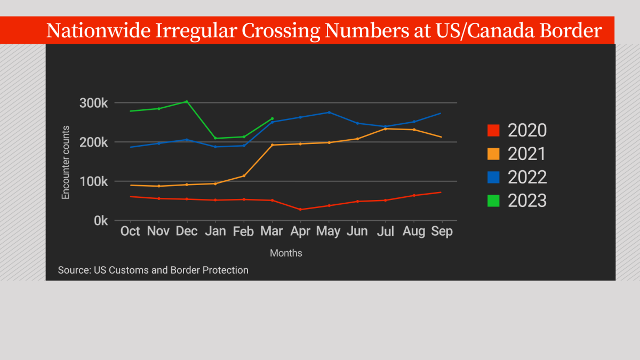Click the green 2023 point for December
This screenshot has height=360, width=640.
(187, 101)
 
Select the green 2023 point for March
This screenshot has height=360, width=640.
(273, 118)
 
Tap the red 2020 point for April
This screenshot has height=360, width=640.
(301, 209)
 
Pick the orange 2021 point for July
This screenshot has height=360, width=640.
(386, 129)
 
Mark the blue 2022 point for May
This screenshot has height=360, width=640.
(329, 112)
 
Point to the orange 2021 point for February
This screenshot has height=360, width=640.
(244, 175)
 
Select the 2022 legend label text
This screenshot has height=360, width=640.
(527, 177)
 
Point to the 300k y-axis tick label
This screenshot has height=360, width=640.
(93, 103)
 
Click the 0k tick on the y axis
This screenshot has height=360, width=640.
(100, 220)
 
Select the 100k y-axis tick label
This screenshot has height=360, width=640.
(93, 181)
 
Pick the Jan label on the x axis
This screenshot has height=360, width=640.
(215, 231)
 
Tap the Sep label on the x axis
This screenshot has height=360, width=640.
(442, 231)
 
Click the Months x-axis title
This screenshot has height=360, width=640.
(286, 253)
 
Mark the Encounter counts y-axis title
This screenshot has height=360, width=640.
(66, 162)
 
